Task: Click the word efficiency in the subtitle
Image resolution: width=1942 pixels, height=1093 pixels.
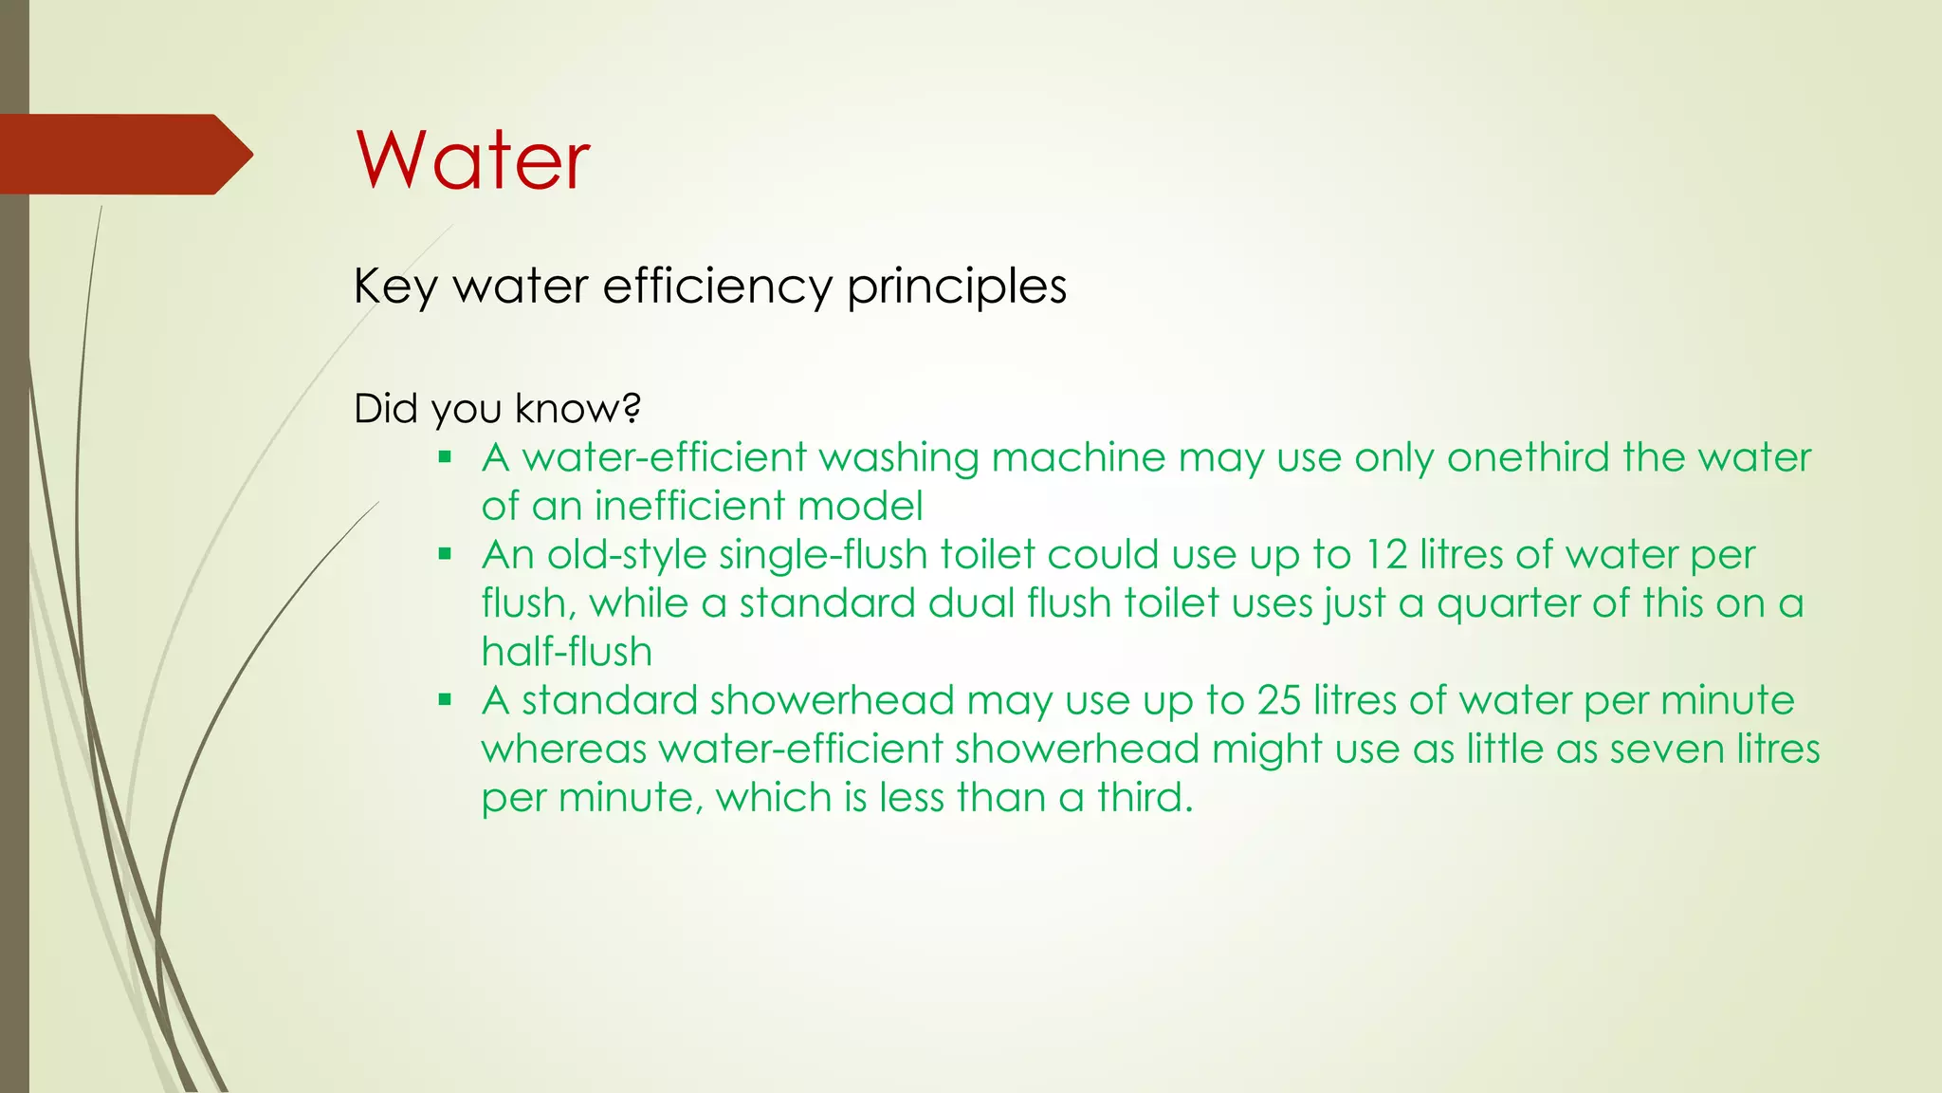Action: coord(717,286)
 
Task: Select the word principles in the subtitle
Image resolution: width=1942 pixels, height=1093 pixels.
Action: coord(957,287)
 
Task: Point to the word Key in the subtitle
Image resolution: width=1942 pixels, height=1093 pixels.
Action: coord(394,287)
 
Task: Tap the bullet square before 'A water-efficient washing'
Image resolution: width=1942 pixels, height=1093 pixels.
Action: coord(445,457)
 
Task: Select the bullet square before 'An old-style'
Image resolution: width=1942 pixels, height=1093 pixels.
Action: coord(445,554)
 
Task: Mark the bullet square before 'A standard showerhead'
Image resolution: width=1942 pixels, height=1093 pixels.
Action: coord(445,700)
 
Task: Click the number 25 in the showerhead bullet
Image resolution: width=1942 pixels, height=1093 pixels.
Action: coord(1279,701)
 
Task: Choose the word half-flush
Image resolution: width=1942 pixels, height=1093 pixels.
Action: coord(567,652)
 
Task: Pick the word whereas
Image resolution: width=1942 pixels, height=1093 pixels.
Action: coord(564,750)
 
